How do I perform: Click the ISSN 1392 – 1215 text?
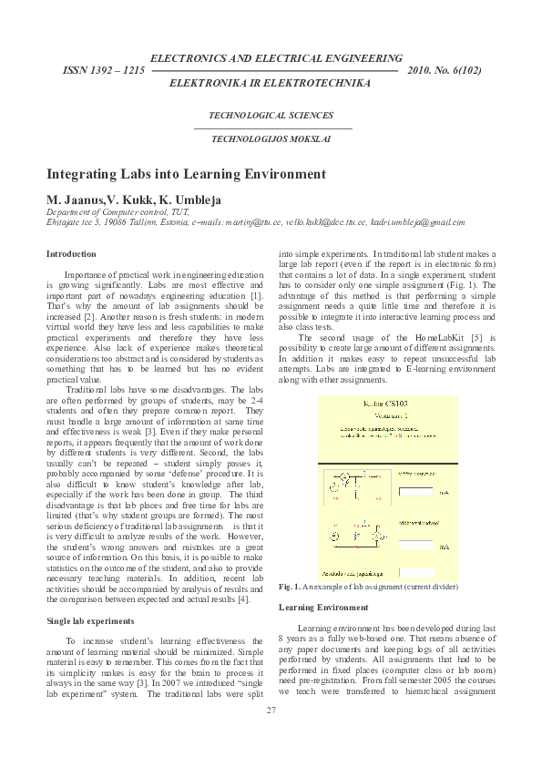tap(103, 70)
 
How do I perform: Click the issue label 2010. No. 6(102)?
tap(445, 70)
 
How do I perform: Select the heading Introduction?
tap(71, 254)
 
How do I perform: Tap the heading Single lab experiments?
tap(90, 620)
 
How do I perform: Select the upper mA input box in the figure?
tap(416, 492)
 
